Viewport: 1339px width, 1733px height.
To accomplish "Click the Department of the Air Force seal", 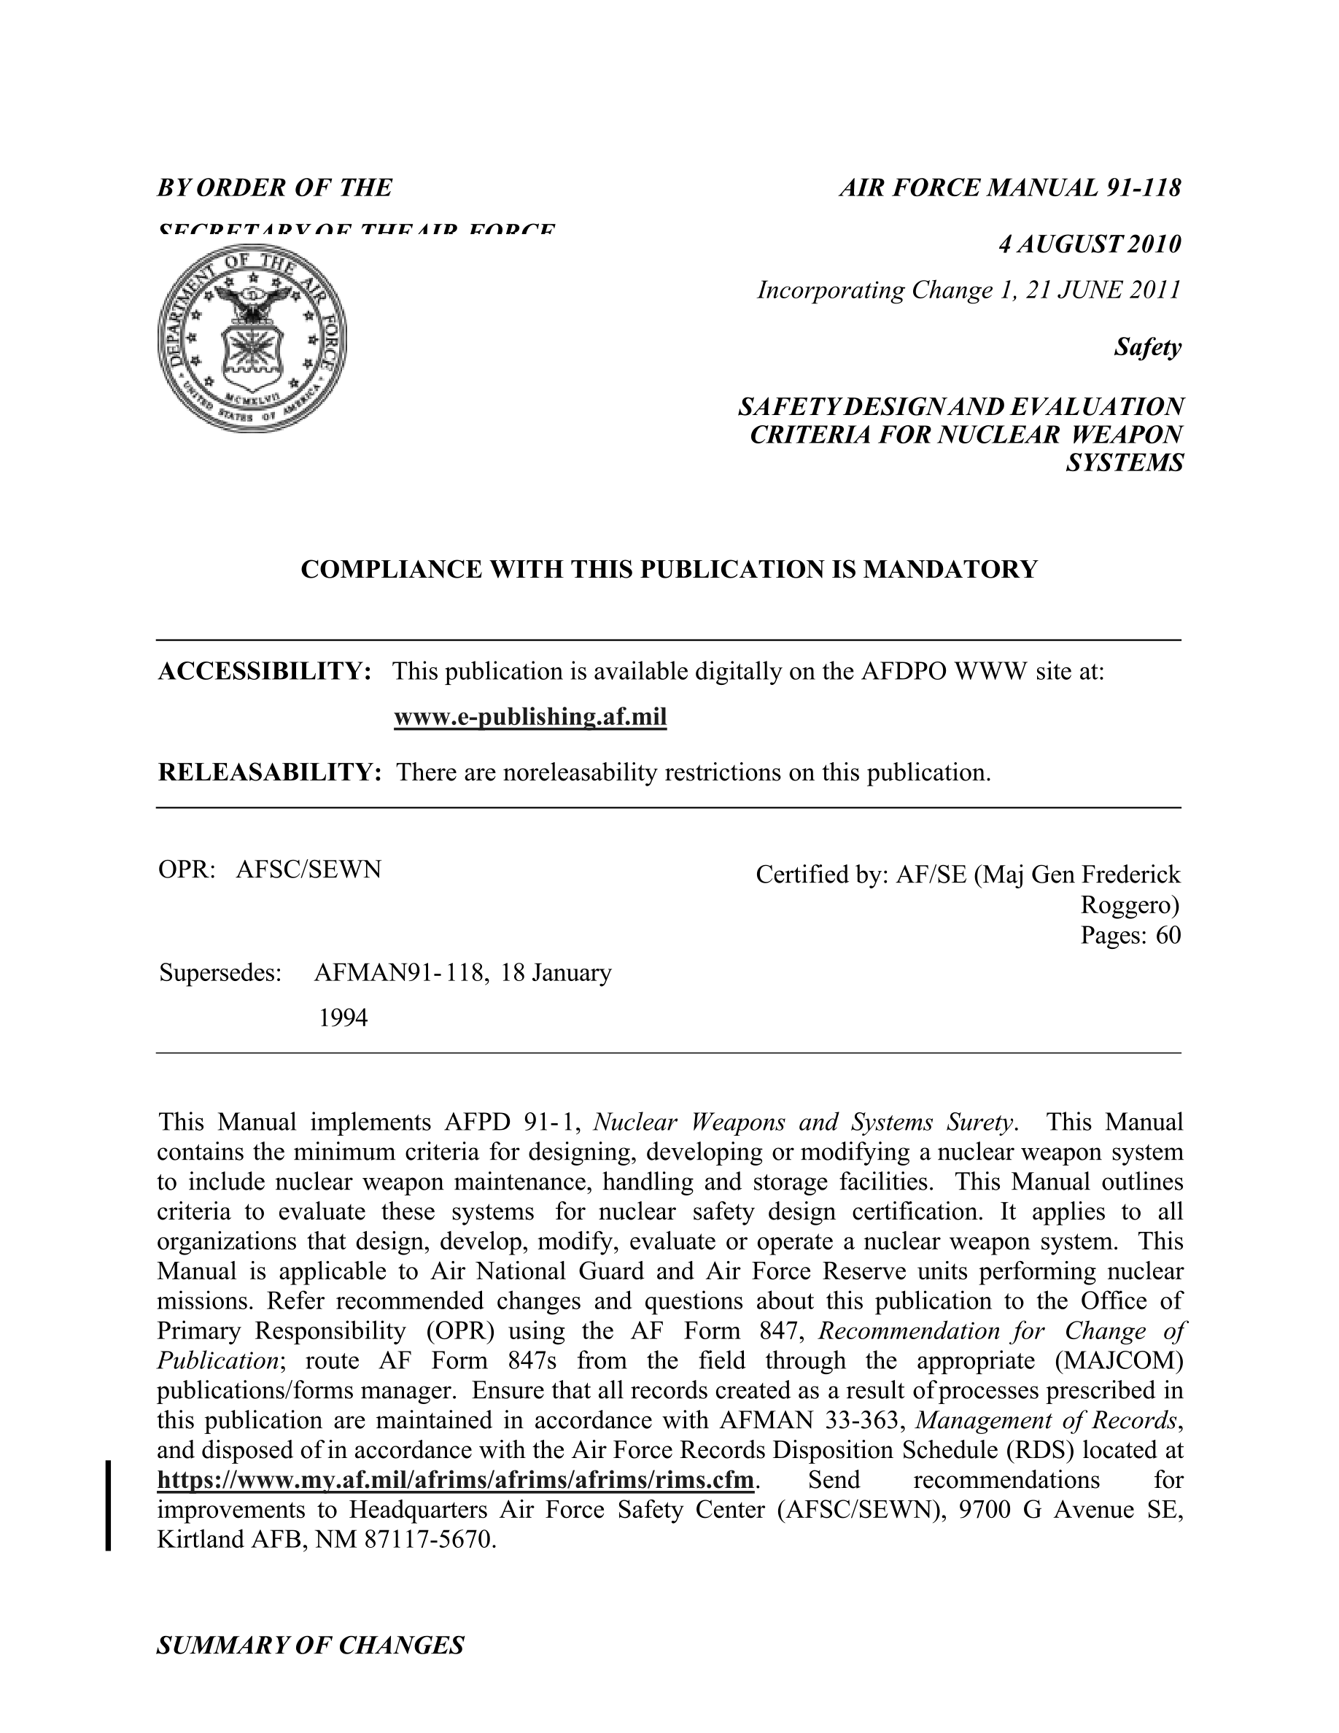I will click(252, 337).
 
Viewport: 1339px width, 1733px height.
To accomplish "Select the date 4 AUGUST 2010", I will click(1089, 244).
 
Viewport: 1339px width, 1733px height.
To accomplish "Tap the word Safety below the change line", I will click(1147, 348).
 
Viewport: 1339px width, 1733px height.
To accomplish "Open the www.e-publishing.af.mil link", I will click(530, 717).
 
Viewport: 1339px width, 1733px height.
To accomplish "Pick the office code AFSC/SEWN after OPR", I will click(308, 869).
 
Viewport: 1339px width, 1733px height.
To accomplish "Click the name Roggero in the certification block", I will click(1130, 904).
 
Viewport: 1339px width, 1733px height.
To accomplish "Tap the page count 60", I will click(1168, 936).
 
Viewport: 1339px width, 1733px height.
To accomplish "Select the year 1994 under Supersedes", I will click(343, 1018).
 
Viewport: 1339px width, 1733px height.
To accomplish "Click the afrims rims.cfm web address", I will click(455, 1480).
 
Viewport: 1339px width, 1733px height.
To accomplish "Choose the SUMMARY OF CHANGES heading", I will click(310, 1645).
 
